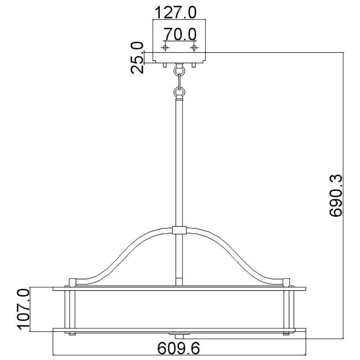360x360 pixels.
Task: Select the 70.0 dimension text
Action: pyautogui.click(x=180, y=34)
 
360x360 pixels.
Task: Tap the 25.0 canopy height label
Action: pyautogui.click(x=137, y=58)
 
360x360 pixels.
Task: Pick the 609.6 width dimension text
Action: pyautogui.click(x=179, y=348)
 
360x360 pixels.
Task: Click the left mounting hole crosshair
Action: pyautogui.click(x=165, y=48)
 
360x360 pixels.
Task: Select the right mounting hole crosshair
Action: pyautogui.click(x=194, y=48)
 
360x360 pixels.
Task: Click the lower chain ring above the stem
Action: pyautogui.click(x=179, y=92)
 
